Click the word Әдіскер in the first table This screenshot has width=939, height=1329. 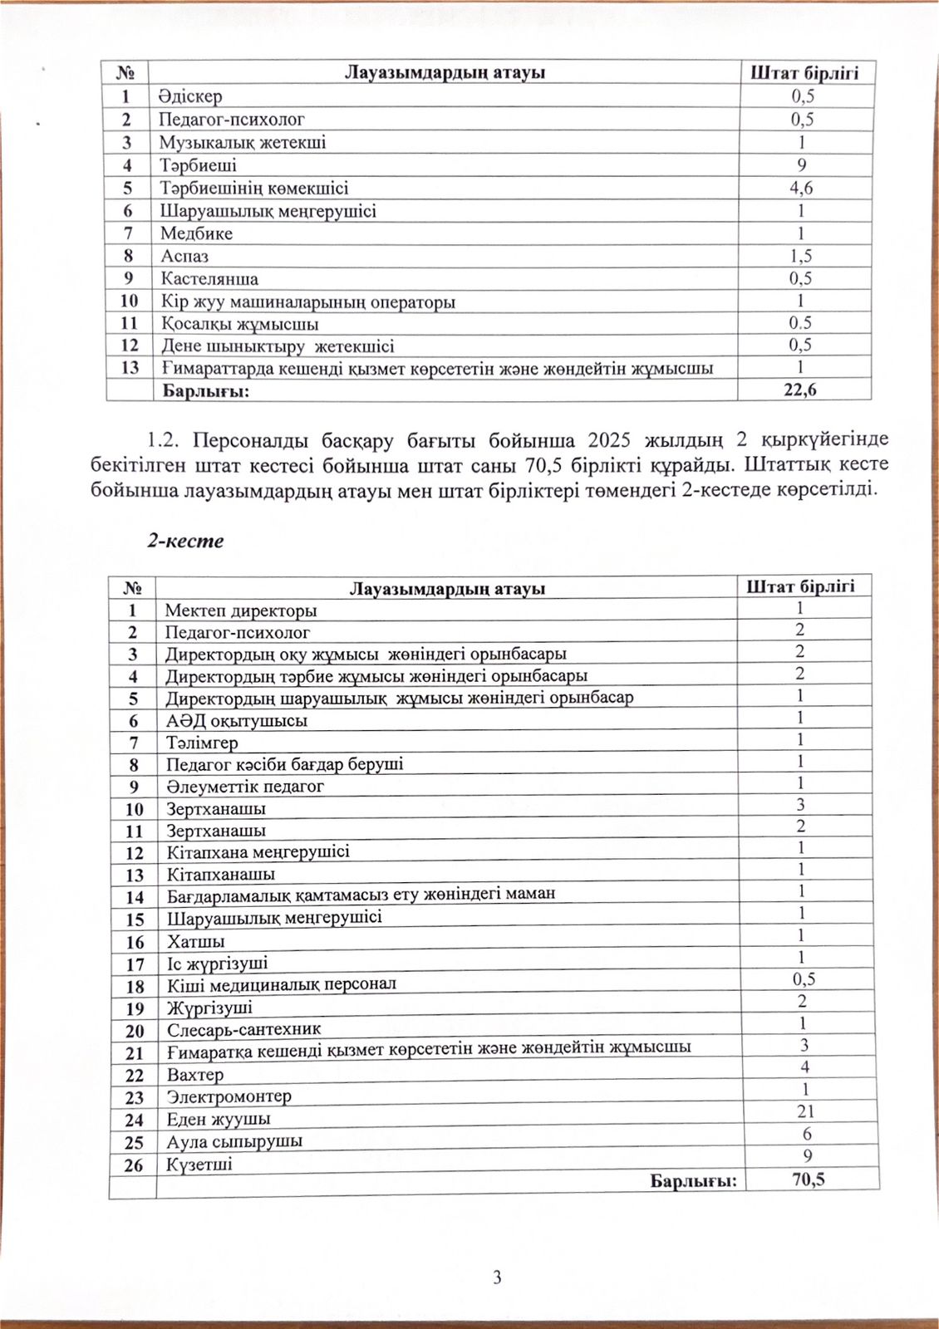pos(191,96)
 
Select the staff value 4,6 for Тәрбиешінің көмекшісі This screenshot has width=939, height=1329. pos(801,188)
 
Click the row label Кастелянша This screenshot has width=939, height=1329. pos(209,279)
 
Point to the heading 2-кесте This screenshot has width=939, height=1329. pos(185,541)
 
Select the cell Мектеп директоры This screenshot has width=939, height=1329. pos(241,611)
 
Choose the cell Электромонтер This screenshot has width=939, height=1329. pos(229,1096)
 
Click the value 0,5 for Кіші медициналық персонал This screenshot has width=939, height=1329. pos(804,979)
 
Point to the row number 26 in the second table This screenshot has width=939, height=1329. pos(133,1165)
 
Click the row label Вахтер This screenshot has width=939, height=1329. pos(195,1075)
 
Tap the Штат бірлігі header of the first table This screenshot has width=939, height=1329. pos(803,72)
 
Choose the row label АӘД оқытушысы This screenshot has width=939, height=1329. pos(237,720)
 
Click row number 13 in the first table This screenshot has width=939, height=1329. pos(130,368)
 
